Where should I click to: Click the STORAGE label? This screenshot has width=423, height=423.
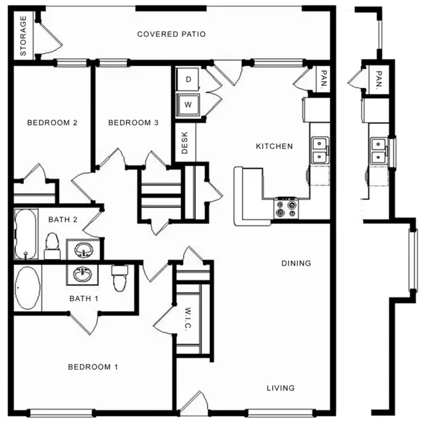[23, 36]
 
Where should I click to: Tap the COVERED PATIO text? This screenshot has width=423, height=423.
[171, 34]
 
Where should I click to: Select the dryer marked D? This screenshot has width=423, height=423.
[188, 79]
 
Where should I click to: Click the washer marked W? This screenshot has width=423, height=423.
[188, 104]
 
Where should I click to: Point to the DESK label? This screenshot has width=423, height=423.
[184, 143]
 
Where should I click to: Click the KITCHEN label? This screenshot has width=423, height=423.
[274, 146]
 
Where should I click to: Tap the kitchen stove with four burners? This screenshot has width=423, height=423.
[286, 209]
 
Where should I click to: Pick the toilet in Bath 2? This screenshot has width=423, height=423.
[52, 246]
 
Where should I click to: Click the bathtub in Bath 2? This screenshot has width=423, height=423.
[26, 234]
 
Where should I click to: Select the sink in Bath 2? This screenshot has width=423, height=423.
[83, 249]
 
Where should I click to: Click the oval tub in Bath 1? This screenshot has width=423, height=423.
[28, 288]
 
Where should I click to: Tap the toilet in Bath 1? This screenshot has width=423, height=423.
[120, 278]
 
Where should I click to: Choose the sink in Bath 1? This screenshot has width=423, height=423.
[82, 274]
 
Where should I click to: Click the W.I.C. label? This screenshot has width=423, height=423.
[188, 319]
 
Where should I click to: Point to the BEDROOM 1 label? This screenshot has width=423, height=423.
[93, 367]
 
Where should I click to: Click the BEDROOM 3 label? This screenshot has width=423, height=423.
[134, 123]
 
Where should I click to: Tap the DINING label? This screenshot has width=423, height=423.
[296, 263]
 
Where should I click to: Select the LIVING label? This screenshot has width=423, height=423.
[280, 388]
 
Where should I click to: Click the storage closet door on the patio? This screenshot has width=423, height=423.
[51, 38]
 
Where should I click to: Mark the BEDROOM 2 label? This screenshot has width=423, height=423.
[52, 123]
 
